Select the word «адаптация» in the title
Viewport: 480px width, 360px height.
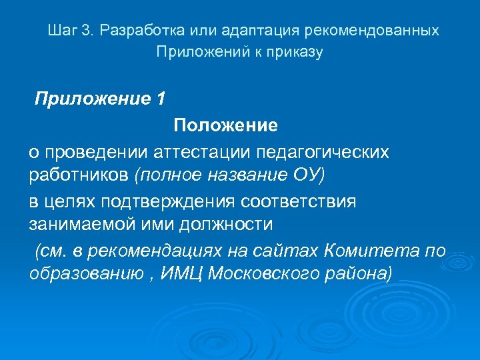pyautogui.click(x=259, y=31)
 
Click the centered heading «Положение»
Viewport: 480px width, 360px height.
pyautogui.click(x=225, y=125)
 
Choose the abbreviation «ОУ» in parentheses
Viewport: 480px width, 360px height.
pyautogui.click(x=309, y=175)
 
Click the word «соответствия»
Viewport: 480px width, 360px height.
pyautogui.click(x=301, y=201)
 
